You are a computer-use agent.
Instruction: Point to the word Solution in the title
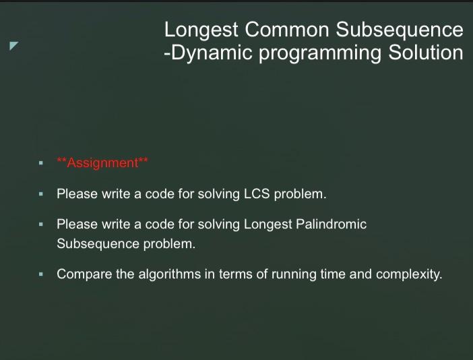[426, 53]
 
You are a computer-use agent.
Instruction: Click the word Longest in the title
[201, 30]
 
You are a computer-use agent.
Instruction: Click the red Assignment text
[102, 163]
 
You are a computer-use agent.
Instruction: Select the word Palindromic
[332, 224]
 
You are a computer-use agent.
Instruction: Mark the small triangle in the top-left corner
[13, 46]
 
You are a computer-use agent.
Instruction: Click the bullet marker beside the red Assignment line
[41, 163]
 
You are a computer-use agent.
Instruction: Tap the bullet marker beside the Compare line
[41, 275]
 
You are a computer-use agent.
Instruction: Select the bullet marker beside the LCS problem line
[41, 194]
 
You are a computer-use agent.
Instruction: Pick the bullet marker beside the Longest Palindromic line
[41, 224]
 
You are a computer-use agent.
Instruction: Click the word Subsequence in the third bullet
[98, 244]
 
